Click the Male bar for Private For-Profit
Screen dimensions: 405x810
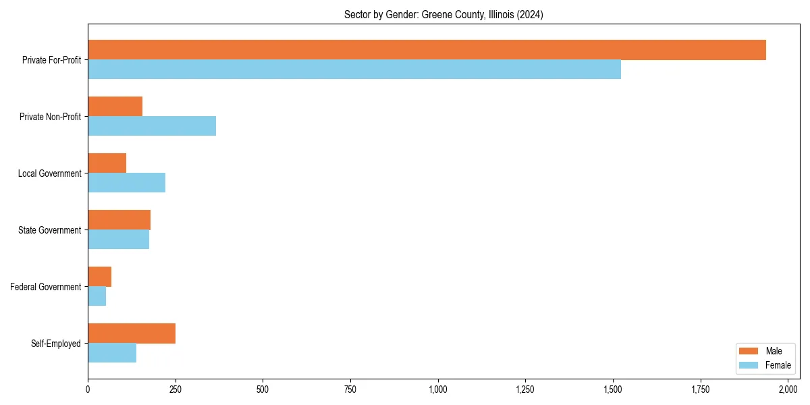tap(427, 50)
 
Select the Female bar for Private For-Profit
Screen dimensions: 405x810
tap(354, 70)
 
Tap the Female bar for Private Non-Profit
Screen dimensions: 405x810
tap(152, 126)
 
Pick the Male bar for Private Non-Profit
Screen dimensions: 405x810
tap(115, 107)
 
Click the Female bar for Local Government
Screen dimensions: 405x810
tap(126, 183)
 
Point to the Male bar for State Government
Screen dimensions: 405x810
tap(119, 220)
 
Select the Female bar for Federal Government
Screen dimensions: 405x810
tap(97, 296)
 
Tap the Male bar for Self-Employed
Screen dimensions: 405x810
tap(132, 333)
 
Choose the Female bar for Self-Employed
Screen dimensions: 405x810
tap(112, 353)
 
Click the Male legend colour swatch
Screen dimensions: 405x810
tap(749, 351)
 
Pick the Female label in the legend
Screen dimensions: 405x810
tap(778, 365)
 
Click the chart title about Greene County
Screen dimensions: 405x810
tap(443, 14)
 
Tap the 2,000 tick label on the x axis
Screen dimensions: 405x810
tap(788, 389)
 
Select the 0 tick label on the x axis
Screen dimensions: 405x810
tap(88, 389)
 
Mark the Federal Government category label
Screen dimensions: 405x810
tap(46, 287)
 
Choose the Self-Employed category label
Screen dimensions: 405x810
tap(56, 344)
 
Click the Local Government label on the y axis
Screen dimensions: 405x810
tap(50, 173)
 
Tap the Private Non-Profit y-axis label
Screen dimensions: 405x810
tap(51, 117)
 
